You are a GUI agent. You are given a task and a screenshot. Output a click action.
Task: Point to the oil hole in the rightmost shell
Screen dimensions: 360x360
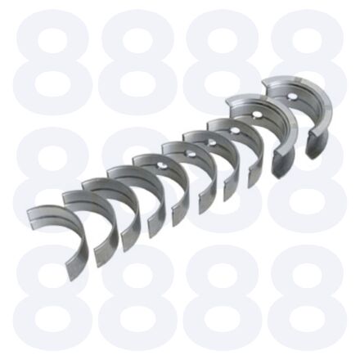(x=292, y=96)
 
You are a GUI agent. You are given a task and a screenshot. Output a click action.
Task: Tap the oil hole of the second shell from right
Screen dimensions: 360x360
(x=256, y=115)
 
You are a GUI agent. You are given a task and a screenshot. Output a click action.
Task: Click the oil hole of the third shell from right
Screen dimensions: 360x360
(x=233, y=131)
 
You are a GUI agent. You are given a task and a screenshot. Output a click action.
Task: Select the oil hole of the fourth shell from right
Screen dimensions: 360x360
(x=211, y=142)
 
